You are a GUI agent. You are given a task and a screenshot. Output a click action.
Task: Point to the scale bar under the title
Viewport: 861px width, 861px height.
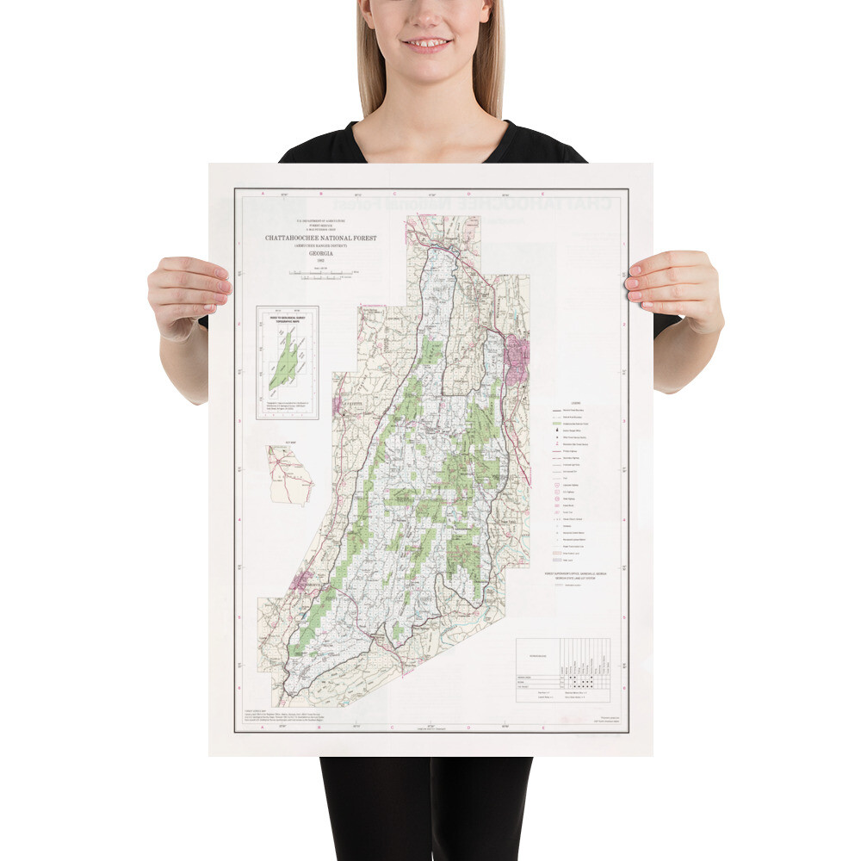(x=320, y=274)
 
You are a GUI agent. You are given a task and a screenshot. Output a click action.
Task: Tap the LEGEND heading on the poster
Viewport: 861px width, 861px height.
(x=576, y=404)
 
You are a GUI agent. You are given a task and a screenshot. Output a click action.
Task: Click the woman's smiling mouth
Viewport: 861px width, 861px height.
(x=428, y=43)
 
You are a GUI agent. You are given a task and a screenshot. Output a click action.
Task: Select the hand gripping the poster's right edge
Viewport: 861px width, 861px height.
(x=677, y=289)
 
